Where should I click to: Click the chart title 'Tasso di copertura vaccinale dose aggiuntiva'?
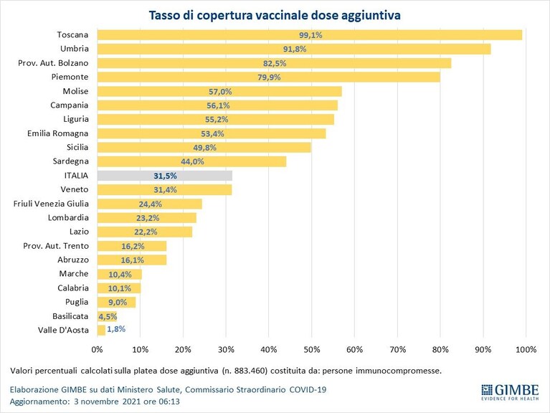pyautogui.click(x=275, y=16)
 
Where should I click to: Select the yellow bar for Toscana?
pyautogui.click(x=310, y=35)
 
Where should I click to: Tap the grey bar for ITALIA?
pyautogui.click(x=165, y=176)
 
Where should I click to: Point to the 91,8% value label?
pyautogui.click(x=295, y=49)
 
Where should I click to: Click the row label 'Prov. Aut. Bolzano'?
pyautogui.click(x=53, y=63)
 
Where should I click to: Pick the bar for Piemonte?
pyautogui.click(x=269, y=77)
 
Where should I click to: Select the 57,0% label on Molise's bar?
pyautogui.click(x=220, y=92)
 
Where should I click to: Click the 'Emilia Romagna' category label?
pyautogui.click(x=58, y=133)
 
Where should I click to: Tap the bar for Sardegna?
pyautogui.click(x=192, y=161)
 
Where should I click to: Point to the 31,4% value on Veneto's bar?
pyautogui.click(x=165, y=190)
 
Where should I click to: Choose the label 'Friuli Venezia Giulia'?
pyautogui.click(x=51, y=204)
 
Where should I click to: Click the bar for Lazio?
pyautogui.click(x=145, y=232)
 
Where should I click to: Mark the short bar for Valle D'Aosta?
pyautogui.click(x=101, y=330)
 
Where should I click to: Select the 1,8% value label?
pyautogui.click(x=116, y=329)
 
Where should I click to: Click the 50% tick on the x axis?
pyautogui.click(x=312, y=349)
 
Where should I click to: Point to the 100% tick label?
pyautogui.click(x=526, y=349)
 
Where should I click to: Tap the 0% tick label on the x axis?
pyautogui.click(x=97, y=349)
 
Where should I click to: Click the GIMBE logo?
pyautogui.click(x=510, y=392)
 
